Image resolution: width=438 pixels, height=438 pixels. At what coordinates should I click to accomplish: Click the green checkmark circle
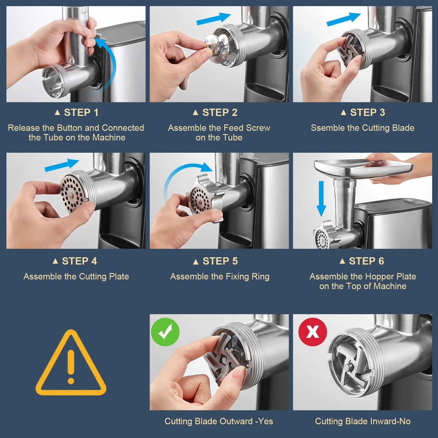point(165,332)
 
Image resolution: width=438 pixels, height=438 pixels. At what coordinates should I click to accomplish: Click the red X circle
point(312,332)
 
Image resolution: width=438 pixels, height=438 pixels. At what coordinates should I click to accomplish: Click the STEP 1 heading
point(77,112)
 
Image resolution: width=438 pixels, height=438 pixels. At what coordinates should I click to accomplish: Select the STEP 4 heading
point(75,261)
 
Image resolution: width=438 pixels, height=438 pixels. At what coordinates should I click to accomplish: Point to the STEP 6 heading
point(362,261)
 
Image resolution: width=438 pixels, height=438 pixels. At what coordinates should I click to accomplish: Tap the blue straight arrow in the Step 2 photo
point(213,19)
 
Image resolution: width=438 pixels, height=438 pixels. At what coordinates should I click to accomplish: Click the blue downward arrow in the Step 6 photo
point(321,199)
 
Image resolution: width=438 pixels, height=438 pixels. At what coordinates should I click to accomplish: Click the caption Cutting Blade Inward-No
point(363,421)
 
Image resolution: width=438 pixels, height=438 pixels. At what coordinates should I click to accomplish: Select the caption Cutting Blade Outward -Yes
point(219,421)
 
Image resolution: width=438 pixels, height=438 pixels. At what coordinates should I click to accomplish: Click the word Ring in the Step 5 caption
point(260,277)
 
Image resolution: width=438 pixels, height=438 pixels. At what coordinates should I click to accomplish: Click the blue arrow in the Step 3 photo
point(344,19)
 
